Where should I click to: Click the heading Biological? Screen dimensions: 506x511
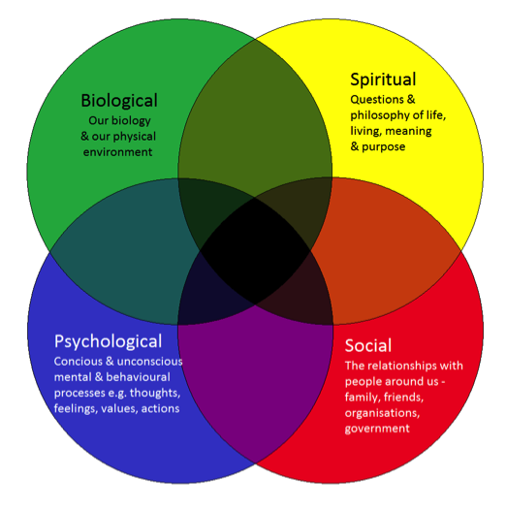click(119, 101)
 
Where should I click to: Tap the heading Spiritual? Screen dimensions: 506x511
click(383, 80)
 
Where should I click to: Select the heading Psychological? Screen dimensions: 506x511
click(108, 342)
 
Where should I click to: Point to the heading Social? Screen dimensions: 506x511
click(368, 345)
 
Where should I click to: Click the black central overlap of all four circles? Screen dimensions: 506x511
click(255, 251)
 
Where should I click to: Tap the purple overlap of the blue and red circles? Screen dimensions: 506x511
click(255, 368)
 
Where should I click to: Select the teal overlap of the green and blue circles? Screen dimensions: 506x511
click(125, 251)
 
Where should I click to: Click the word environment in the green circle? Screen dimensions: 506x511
click(117, 152)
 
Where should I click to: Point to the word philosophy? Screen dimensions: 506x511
click(381, 115)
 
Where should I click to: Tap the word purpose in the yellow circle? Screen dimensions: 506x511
click(384, 147)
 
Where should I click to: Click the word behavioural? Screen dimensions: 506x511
click(139, 377)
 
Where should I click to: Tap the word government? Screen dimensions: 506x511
click(377, 429)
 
